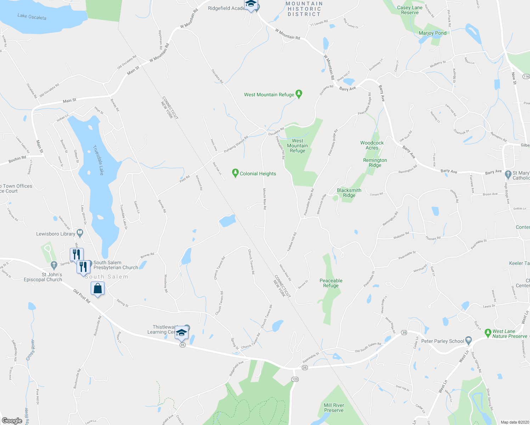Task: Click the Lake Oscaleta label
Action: pyautogui.click(x=32, y=17)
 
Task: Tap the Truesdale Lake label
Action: pyautogui.click(x=98, y=160)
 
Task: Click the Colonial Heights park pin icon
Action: pyautogui.click(x=235, y=173)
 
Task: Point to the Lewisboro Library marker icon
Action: pyautogui.click(x=80, y=233)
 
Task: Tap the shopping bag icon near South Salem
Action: pyautogui.click(x=98, y=288)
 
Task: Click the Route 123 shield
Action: pyautogui.click(x=295, y=379)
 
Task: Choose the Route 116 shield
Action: pyautogui.click(x=526, y=76)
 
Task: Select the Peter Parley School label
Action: pyautogui.click(x=442, y=341)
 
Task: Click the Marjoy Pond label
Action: pyautogui.click(x=433, y=33)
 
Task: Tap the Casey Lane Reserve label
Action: pyautogui.click(x=410, y=10)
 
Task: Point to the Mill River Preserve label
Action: pyautogui.click(x=334, y=408)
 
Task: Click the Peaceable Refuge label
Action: pyautogui.click(x=331, y=283)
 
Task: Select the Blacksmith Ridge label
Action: pyautogui.click(x=349, y=193)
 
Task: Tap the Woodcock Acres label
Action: pyautogui.click(x=372, y=145)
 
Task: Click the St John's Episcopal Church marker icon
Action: pyautogui.click(x=54, y=265)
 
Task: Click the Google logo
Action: pyautogui.click(x=12, y=421)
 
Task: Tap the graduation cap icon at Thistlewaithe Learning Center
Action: pyautogui.click(x=181, y=333)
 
